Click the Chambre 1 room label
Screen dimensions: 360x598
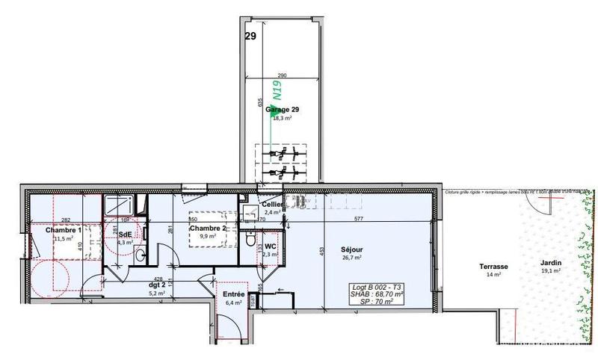point(62,229)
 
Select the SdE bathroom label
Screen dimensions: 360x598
point(125,234)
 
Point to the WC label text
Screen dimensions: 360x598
point(271,245)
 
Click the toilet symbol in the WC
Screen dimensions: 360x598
point(249,240)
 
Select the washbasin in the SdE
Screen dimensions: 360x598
point(140,255)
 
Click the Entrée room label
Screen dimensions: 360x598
point(233,294)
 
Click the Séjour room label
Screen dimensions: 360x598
point(351,249)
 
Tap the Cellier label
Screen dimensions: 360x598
point(272,205)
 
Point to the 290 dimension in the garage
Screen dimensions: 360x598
point(281,76)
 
